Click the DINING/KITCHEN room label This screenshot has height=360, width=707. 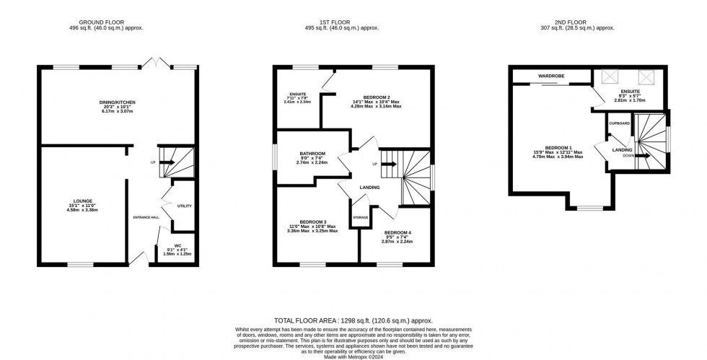(x=117, y=103)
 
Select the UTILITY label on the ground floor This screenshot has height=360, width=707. (x=185, y=206)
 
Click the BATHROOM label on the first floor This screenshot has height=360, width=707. (x=312, y=154)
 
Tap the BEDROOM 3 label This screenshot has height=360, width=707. (x=312, y=221)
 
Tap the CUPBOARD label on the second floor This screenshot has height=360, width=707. (x=619, y=123)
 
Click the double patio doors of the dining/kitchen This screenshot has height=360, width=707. (x=157, y=64)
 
